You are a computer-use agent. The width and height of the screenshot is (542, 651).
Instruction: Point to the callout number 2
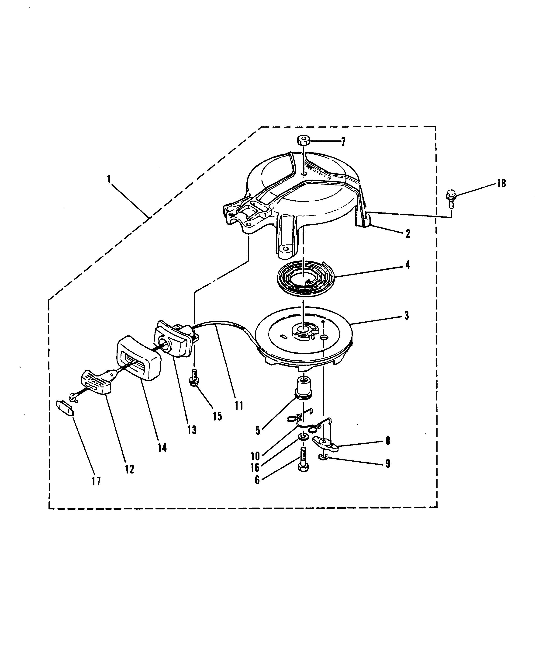click(x=408, y=233)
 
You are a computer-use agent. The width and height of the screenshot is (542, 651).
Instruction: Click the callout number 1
click(x=109, y=180)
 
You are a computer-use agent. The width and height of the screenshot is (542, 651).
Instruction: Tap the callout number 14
click(x=162, y=447)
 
